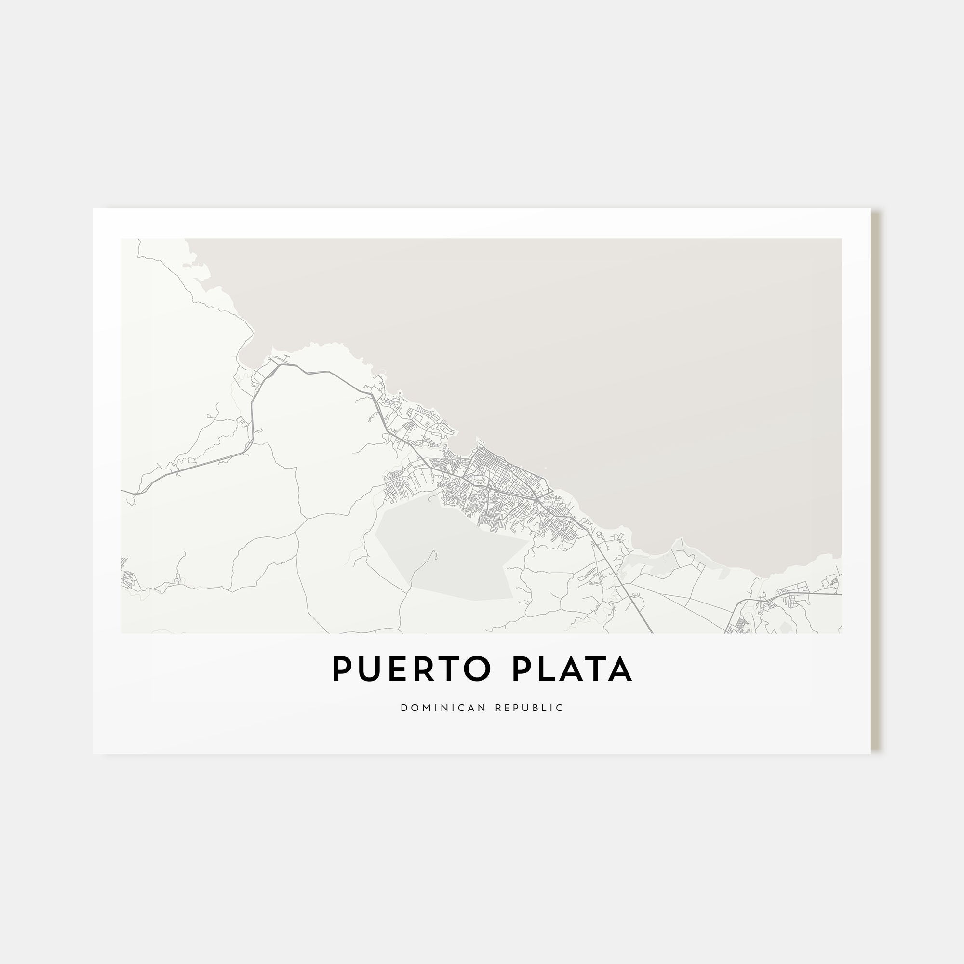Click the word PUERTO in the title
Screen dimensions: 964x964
(x=409, y=669)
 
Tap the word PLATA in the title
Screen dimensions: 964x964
(x=572, y=669)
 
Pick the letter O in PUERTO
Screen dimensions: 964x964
(x=474, y=669)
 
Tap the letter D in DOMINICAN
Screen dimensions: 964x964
(x=403, y=708)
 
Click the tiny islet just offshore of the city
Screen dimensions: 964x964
(x=545, y=468)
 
